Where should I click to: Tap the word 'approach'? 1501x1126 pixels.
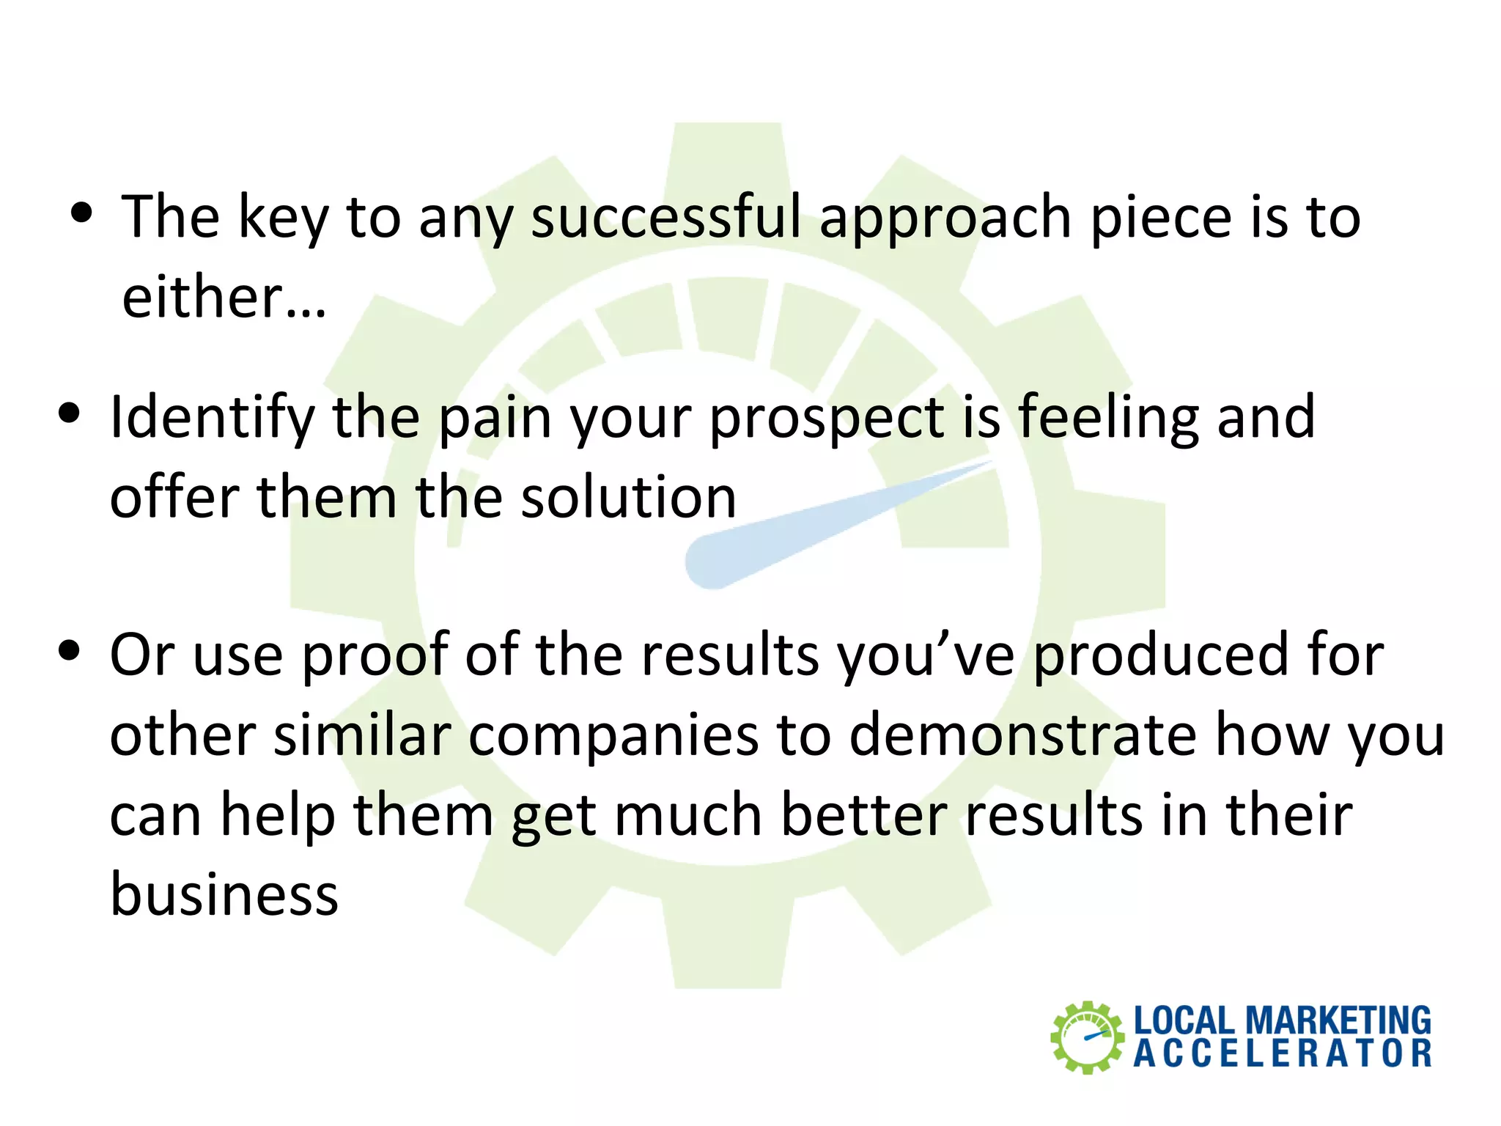tap(945, 218)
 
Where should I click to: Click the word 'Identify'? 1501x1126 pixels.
tap(212, 418)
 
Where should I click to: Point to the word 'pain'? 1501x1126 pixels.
tap(495, 418)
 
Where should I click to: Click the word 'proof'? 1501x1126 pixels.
tap(375, 655)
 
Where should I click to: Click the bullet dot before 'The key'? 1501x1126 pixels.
tap(82, 213)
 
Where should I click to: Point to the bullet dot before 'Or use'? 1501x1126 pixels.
tap(70, 650)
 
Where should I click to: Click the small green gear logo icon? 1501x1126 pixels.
tap(1087, 1037)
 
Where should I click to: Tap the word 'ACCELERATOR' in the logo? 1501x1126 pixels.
tap(1282, 1054)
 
